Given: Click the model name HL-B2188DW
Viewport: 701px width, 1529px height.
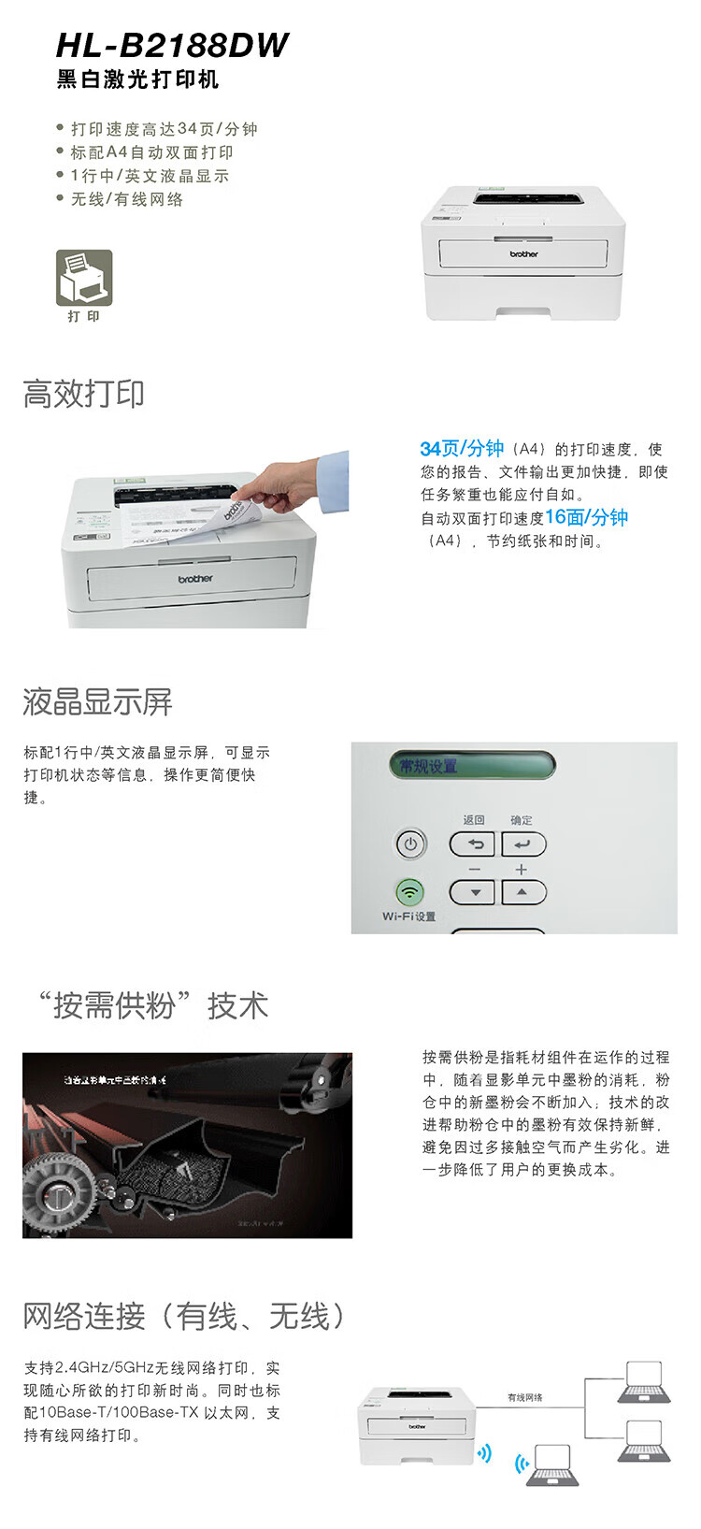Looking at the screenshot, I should pos(172,45).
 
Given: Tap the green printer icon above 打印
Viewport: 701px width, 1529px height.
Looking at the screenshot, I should pos(84,278).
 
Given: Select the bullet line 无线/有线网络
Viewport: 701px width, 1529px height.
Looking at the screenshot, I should pos(127,199).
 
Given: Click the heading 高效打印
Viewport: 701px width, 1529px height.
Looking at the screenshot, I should pos(84,394).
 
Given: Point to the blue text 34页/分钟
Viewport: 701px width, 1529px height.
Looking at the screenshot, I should pos(462,449).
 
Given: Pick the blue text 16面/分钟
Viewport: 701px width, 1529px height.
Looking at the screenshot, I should pos(586,517).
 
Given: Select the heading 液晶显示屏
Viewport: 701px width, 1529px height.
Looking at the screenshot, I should pos(97,702).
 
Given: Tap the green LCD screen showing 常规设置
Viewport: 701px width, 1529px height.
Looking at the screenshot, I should pos(471,765).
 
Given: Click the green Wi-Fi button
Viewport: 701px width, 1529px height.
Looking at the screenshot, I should pos(409,891).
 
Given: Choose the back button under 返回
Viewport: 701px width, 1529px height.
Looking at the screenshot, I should pos(472,844).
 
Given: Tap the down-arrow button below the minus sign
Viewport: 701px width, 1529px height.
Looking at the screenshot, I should pos(472,892).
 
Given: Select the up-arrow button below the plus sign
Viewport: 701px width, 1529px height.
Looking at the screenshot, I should pos(522,892).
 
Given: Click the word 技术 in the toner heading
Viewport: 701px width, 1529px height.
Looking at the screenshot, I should pos(237,1006).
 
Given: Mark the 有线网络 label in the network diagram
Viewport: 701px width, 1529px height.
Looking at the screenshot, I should pos(524,1397).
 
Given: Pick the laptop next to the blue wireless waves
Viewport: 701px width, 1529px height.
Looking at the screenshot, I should pos(551,1464).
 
